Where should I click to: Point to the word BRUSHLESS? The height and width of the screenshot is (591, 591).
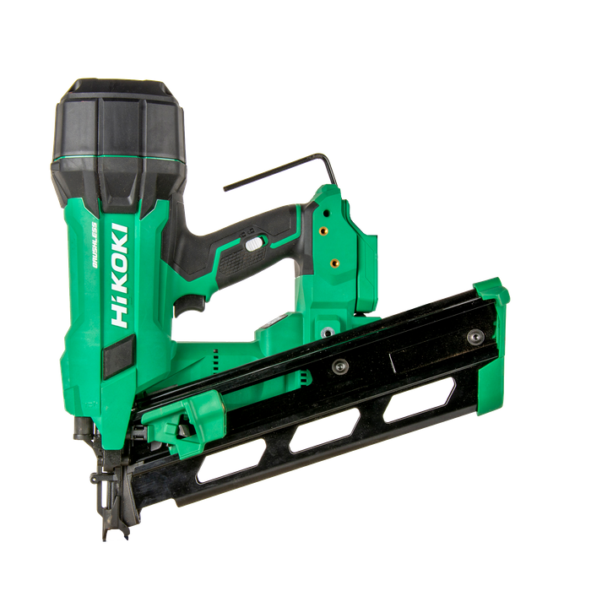95,245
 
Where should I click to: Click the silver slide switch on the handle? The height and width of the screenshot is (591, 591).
254,244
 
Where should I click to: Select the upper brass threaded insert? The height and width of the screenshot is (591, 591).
323,230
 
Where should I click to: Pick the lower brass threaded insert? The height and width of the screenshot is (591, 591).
334,263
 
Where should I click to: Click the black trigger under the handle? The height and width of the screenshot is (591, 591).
190,306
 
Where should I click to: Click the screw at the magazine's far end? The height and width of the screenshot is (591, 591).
475,336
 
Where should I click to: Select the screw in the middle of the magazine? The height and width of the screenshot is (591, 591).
340,366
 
